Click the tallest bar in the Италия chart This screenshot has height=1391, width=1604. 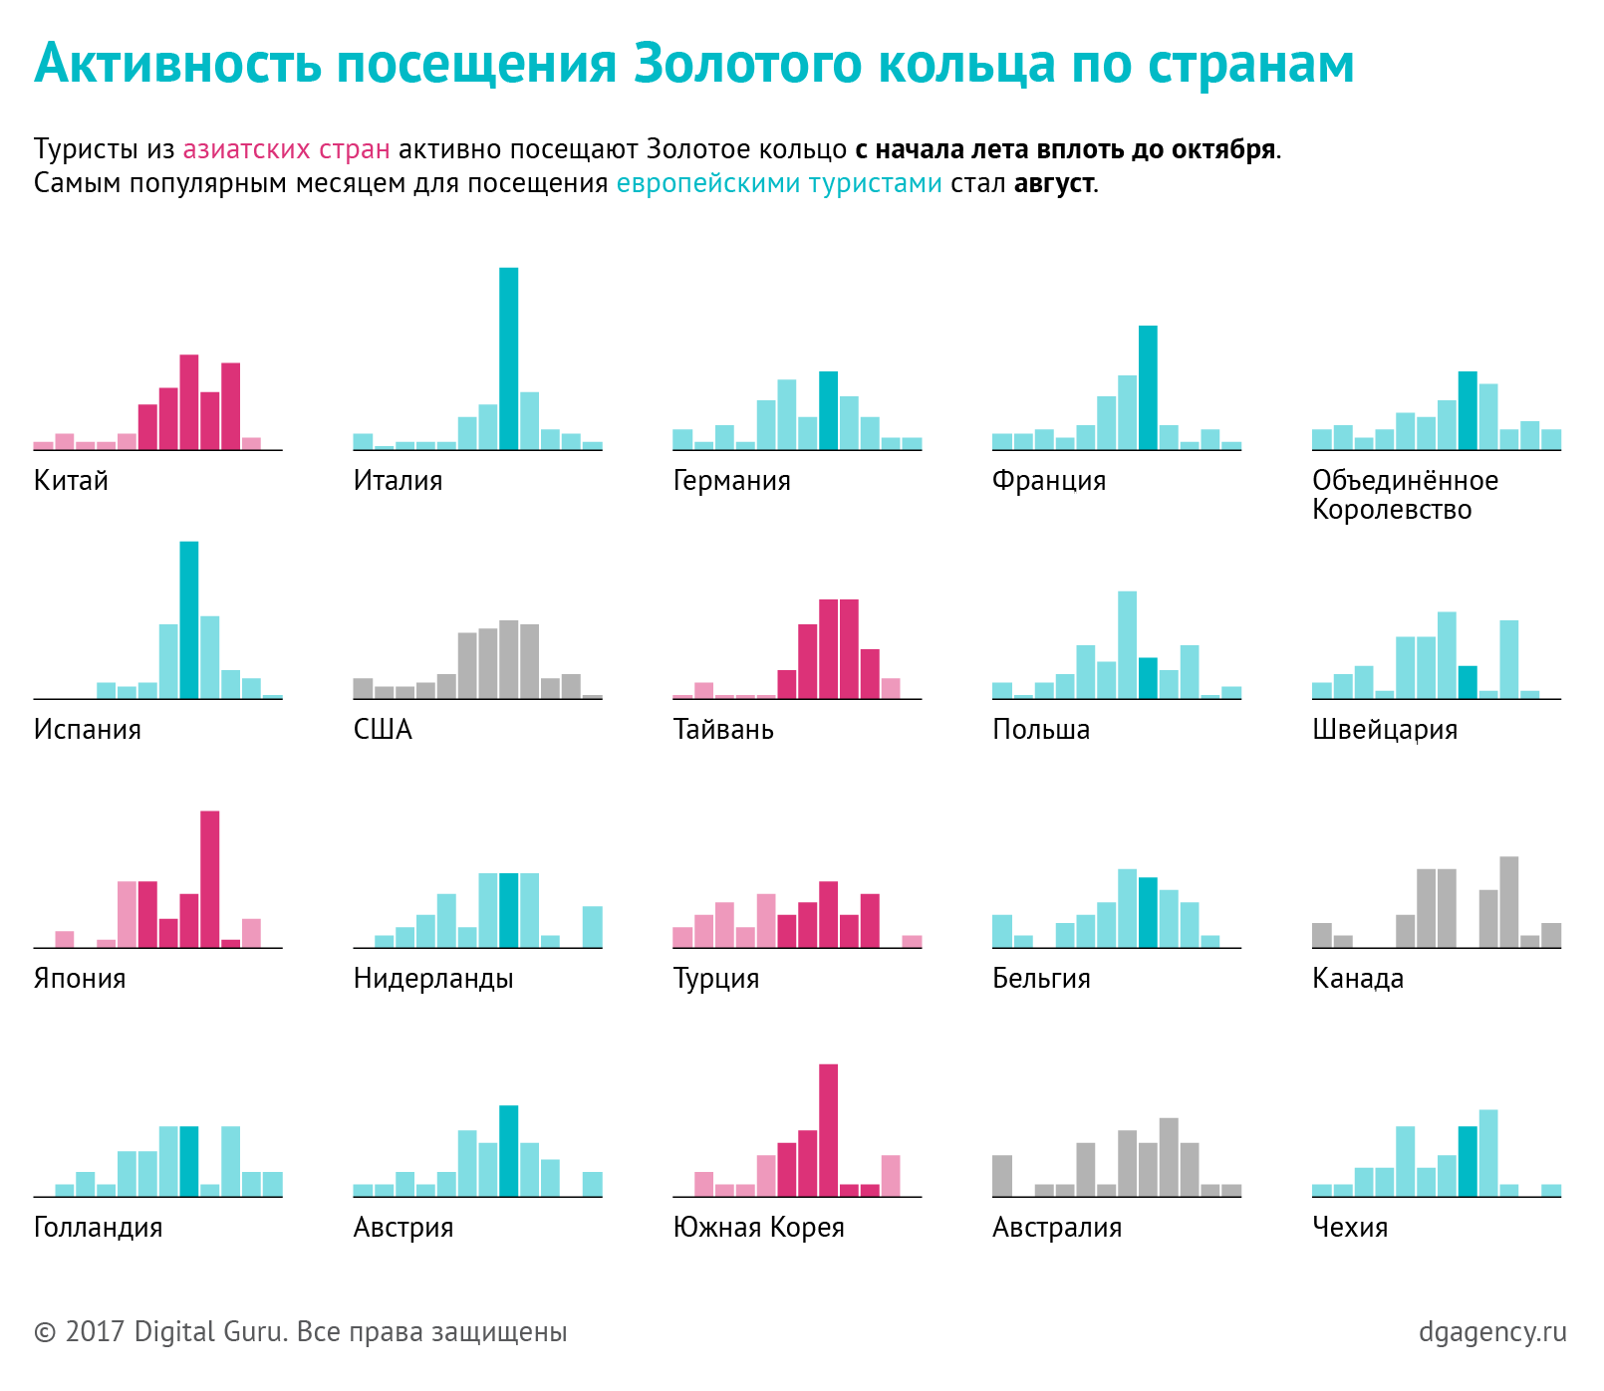[x=508, y=358]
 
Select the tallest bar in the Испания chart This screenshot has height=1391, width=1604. [x=188, y=619]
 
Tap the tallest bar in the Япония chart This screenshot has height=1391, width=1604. [x=209, y=878]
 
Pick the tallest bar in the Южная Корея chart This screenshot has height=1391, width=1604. [x=828, y=1129]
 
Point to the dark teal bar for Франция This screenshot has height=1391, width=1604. [x=1148, y=387]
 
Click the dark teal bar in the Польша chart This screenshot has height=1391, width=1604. [x=1148, y=677]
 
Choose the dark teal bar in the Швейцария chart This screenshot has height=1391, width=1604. [x=1468, y=681]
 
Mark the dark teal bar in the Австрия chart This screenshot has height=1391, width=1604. [x=508, y=1150]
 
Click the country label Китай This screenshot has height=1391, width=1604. [x=71, y=481]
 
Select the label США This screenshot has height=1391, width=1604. [x=383, y=730]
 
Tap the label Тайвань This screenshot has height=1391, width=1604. [x=723, y=730]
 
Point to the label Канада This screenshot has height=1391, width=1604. [x=1357, y=979]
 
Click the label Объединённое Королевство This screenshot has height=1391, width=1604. [x=1405, y=495]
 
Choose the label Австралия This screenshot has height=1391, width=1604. [x=1056, y=1228]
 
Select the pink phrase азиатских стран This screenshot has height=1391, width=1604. [x=286, y=149]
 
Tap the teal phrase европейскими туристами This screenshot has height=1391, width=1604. [x=779, y=183]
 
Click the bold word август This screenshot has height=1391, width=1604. [x=1054, y=183]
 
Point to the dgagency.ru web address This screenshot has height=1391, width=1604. [x=1492, y=1332]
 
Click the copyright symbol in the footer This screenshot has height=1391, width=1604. [x=45, y=1332]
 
